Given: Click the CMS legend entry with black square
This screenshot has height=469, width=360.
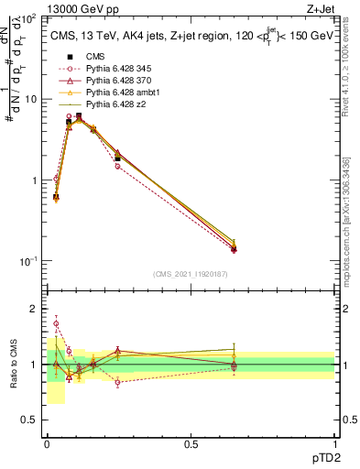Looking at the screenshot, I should [x=92, y=56].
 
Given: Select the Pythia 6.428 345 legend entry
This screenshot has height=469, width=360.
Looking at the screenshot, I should [x=115, y=69].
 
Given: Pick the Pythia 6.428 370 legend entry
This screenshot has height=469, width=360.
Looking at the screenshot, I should [x=115, y=81].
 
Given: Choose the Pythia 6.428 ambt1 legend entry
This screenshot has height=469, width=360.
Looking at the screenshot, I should [x=117, y=93].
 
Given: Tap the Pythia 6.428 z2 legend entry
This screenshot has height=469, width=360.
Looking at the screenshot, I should [x=112, y=104].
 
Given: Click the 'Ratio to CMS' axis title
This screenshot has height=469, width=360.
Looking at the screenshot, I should [x=14, y=364].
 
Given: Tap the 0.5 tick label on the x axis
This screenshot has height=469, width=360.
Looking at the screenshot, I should [x=191, y=444].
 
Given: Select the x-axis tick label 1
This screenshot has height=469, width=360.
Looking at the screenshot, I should [x=335, y=444].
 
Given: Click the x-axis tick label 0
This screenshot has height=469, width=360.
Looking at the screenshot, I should [x=47, y=444].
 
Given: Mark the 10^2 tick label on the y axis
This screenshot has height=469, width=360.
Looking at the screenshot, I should [x=29, y=18].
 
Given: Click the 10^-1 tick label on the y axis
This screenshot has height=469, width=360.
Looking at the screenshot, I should [x=28, y=261].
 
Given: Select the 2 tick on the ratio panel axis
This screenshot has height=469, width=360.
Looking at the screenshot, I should [x=34, y=310].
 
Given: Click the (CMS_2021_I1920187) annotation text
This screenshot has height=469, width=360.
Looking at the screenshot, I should [x=191, y=274].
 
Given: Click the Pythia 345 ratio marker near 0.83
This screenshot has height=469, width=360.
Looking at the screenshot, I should [x=118, y=382].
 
